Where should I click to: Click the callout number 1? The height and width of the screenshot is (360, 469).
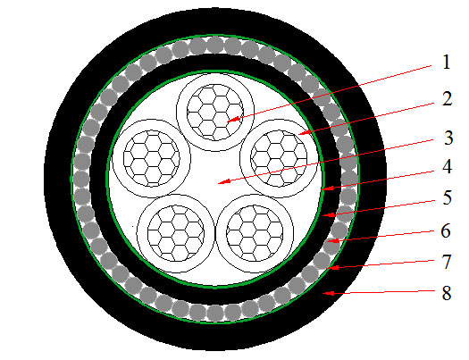tap(447, 63)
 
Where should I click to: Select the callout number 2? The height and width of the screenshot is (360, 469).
tap(447, 98)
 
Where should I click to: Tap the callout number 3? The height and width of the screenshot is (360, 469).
tap(448, 138)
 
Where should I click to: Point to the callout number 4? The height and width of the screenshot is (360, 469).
tap(447, 166)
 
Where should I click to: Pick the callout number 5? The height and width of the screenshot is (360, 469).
tap(448, 197)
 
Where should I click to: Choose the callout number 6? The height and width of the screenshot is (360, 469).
tap(447, 230)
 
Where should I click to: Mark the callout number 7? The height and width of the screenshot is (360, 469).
tap(447, 262)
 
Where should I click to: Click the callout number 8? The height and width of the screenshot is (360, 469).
tap(447, 292)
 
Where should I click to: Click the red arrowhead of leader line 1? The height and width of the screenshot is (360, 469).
tap(233, 120)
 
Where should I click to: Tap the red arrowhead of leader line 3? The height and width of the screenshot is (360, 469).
tap(222, 181)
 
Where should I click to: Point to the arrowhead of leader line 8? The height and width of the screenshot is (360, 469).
tap(328, 293)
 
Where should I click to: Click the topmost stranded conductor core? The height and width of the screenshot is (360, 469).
tap(214, 113)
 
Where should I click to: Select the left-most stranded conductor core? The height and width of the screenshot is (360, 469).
tap(152, 158)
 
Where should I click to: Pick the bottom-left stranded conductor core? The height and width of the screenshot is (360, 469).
tap(176, 233)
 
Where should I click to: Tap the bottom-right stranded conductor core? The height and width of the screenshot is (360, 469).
tap(255, 233)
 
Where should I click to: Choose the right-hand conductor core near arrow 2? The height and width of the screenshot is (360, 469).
tap(279, 157)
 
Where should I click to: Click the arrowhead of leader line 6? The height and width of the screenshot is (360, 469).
tap(333, 240)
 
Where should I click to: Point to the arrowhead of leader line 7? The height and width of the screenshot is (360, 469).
tap(333, 267)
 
